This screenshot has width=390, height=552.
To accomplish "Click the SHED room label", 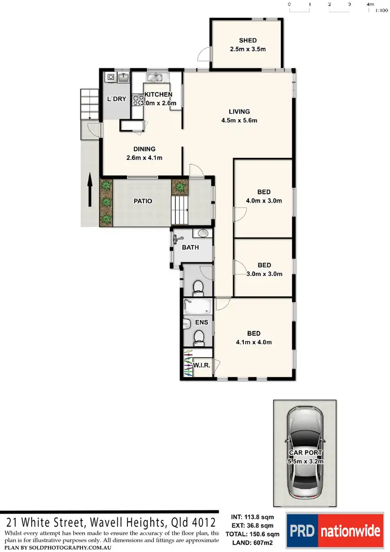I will click(x=248, y=45).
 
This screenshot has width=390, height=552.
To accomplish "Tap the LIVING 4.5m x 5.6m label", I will click(x=239, y=116).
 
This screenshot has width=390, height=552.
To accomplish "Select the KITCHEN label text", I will click(x=158, y=95).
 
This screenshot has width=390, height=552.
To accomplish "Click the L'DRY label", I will click(x=116, y=99).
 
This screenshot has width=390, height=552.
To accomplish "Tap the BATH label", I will click(x=190, y=247).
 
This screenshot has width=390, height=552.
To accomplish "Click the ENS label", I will click(x=201, y=322).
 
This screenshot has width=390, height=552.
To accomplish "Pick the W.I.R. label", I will click(x=201, y=366).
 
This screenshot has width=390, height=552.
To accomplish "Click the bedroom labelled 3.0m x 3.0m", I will click(x=264, y=269).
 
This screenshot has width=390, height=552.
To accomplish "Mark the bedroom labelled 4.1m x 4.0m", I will click(x=254, y=337).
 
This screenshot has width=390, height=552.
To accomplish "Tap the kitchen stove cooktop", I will click(x=138, y=98).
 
